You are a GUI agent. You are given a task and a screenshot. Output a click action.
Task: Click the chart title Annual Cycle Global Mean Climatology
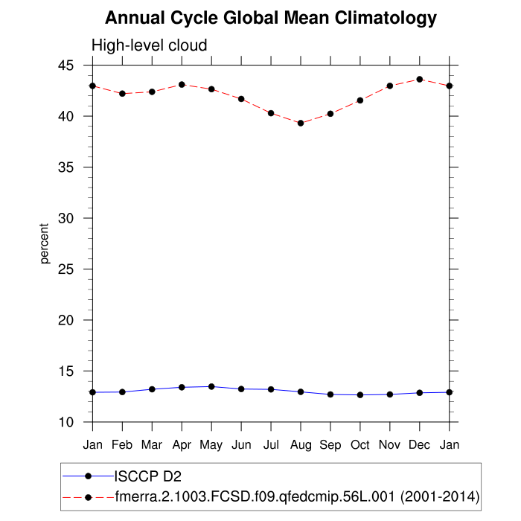[271, 18]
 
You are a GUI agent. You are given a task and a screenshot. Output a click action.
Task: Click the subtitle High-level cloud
[149, 46]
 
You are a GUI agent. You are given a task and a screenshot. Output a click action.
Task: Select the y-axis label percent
[45, 243]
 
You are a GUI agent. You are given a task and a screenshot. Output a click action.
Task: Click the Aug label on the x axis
[301, 444]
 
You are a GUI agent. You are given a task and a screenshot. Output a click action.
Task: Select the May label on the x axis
[211, 445]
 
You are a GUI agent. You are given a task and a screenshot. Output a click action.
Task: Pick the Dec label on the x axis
[420, 444]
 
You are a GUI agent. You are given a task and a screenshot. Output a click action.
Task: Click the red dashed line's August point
[301, 123]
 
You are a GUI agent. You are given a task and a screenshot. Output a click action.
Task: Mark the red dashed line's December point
[420, 80]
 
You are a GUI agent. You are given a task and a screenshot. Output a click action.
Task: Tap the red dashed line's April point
[182, 85]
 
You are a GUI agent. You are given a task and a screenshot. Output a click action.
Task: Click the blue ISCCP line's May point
[211, 386]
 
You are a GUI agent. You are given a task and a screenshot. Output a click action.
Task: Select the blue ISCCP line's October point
[360, 394]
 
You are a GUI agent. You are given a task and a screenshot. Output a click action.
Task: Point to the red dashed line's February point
[122, 94]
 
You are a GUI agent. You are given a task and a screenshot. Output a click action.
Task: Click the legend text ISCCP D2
[147, 476]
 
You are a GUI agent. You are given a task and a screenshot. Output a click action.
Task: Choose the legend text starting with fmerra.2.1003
[297, 496]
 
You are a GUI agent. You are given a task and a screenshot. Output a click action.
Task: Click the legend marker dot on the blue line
[89, 476]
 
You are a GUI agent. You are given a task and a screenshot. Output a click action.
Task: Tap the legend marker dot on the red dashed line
[89, 496]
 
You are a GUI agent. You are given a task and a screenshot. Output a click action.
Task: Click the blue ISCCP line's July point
[271, 389]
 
